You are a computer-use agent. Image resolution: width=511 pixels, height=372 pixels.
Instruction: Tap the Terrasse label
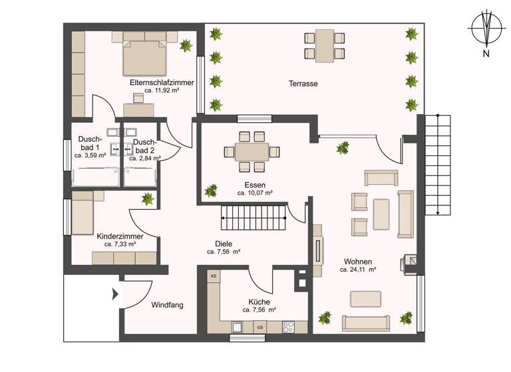point(303,84)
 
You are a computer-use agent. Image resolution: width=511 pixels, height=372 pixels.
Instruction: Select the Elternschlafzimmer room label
point(162,82)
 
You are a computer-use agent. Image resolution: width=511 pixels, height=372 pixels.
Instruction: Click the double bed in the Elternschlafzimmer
point(142,57)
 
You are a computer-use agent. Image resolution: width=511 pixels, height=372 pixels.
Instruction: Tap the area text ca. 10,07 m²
point(255,193)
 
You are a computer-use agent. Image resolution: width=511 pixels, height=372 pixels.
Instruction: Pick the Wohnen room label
point(358,261)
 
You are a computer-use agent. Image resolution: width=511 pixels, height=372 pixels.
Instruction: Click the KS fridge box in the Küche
point(214,276)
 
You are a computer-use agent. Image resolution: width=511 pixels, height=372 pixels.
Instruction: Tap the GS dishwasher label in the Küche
point(260,327)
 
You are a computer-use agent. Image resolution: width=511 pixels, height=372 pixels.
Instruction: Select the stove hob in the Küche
point(289,327)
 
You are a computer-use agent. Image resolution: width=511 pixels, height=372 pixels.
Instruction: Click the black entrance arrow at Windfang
point(115,293)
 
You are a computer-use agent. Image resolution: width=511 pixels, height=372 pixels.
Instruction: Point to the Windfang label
point(167,305)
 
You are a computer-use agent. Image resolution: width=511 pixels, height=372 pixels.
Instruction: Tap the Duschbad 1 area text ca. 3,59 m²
point(90,155)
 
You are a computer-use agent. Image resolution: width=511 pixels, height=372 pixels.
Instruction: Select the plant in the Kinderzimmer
point(147,199)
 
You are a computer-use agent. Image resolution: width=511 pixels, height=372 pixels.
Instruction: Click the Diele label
point(223,243)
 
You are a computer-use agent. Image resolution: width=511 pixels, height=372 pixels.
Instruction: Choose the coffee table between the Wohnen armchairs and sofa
point(382,214)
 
